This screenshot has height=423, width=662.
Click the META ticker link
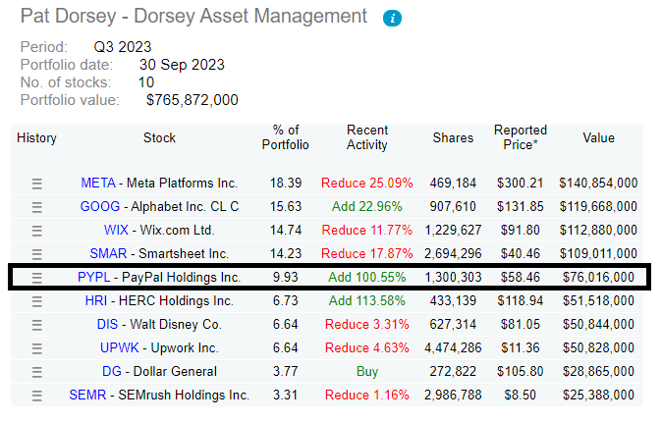click(x=97, y=183)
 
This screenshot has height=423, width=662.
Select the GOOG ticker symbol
click(x=98, y=206)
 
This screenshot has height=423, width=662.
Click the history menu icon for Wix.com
click(x=37, y=230)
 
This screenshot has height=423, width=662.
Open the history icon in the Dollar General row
click(x=37, y=371)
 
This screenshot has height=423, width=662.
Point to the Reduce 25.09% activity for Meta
click(x=367, y=183)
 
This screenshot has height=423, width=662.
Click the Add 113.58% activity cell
click(x=367, y=300)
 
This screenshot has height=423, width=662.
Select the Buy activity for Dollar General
click(x=367, y=371)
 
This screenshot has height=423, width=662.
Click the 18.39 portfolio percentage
click(x=286, y=183)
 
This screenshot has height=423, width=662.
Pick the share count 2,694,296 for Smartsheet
click(x=453, y=253)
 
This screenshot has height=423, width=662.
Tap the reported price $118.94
click(x=519, y=300)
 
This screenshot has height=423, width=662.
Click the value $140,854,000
click(x=598, y=183)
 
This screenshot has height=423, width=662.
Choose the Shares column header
click(x=453, y=138)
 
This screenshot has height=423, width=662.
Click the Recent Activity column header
click(x=367, y=137)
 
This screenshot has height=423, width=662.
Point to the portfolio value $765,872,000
click(x=192, y=100)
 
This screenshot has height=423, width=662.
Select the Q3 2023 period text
click(x=123, y=47)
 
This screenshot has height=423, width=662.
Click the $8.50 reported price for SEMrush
click(x=524, y=395)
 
